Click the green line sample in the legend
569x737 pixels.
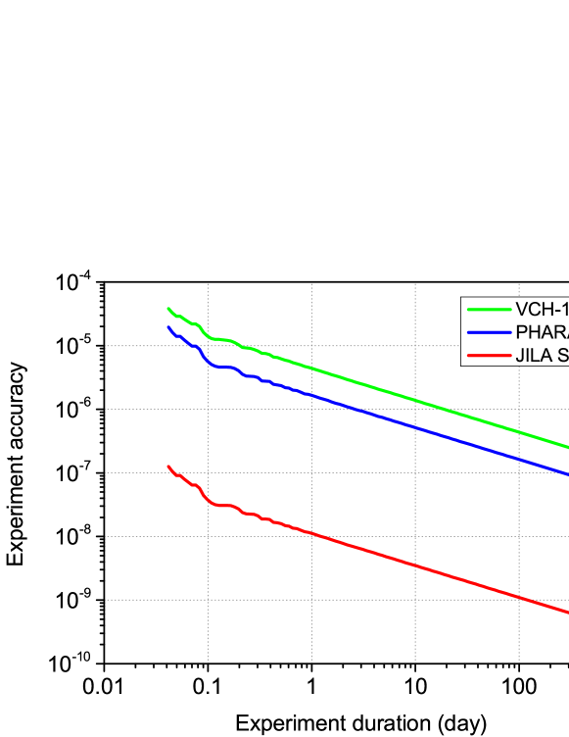point(489,309)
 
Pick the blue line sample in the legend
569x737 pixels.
point(489,332)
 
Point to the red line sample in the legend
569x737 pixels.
point(489,356)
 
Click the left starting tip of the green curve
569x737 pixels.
point(168,308)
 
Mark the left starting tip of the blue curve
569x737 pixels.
point(168,327)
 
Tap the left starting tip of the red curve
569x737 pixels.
point(168,466)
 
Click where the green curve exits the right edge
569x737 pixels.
point(567,447)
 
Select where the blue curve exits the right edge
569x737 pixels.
point(567,475)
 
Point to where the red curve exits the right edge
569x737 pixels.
point(567,614)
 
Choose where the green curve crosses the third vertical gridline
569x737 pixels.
point(415,400)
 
